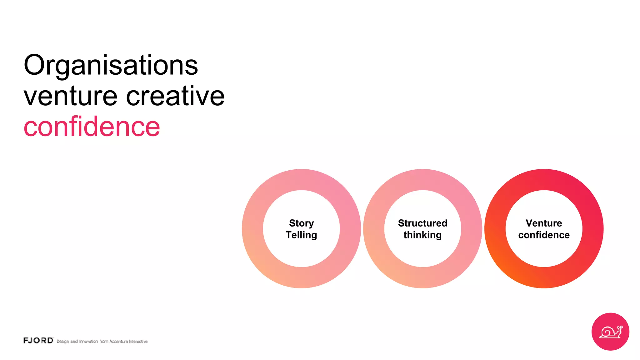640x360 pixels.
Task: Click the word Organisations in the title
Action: (x=111, y=66)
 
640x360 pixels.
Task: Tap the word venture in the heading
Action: (x=70, y=96)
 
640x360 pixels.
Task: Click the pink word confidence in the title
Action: (x=92, y=127)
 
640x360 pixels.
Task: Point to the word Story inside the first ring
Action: (x=301, y=223)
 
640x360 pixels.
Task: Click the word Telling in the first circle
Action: (x=301, y=235)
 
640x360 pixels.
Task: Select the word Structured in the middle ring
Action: (x=422, y=223)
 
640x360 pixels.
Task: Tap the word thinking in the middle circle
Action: (x=422, y=235)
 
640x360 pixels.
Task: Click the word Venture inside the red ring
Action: (x=544, y=223)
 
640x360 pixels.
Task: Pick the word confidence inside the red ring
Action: (x=544, y=235)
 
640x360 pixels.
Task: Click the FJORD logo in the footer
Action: (x=38, y=340)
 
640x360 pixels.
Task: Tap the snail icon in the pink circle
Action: (x=610, y=332)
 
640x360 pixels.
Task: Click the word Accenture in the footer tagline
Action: (x=118, y=342)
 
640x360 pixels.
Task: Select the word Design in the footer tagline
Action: (x=63, y=342)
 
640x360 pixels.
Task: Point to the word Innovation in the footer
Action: (x=88, y=342)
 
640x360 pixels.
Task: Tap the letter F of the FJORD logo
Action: (x=26, y=340)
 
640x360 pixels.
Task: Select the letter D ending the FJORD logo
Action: (x=50, y=340)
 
